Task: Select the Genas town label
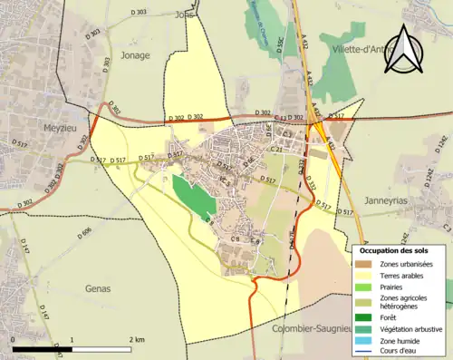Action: [x=97, y=288]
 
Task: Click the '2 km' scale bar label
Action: [x=136, y=339]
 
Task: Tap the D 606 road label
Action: [x=86, y=234]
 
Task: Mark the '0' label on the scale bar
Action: [x=13, y=339]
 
